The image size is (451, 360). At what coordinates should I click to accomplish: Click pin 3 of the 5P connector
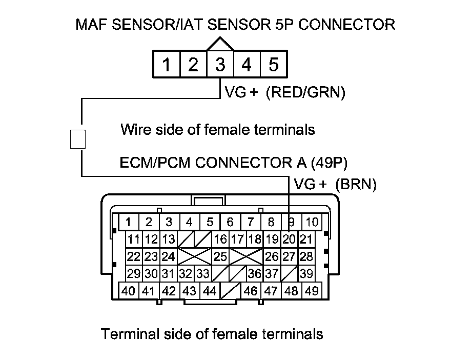click(220, 65)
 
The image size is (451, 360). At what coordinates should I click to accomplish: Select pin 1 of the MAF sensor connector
click(167, 65)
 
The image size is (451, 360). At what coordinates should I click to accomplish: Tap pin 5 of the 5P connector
click(273, 65)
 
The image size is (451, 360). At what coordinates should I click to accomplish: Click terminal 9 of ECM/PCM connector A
click(291, 223)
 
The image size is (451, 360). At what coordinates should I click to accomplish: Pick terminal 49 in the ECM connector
click(311, 291)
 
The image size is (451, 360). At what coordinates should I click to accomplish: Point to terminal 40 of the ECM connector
click(129, 291)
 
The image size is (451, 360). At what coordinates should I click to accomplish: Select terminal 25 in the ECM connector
click(220, 256)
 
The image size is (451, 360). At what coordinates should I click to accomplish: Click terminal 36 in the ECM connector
click(255, 273)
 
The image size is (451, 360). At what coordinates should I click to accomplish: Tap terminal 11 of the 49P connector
click(134, 239)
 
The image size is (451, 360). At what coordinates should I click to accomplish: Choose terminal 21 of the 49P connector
click(306, 239)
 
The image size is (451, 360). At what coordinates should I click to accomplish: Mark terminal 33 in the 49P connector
click(203, 273)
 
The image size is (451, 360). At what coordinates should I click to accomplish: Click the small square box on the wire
click(77, 138)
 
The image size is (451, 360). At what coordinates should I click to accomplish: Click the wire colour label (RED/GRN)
click(306, 93)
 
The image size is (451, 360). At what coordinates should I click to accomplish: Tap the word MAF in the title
click(92, 24)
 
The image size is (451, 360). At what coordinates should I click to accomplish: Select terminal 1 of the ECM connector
click(129, 223)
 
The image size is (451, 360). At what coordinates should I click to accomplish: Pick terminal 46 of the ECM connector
click(251, 291)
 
